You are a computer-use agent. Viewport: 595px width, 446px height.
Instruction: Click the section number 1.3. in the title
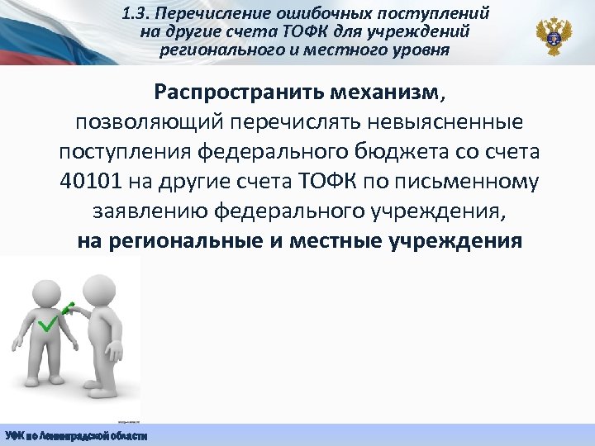point(134,14)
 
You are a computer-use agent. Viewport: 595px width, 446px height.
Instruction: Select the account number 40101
point(88,182)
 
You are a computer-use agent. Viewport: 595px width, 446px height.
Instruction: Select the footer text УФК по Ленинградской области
point(76,435)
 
